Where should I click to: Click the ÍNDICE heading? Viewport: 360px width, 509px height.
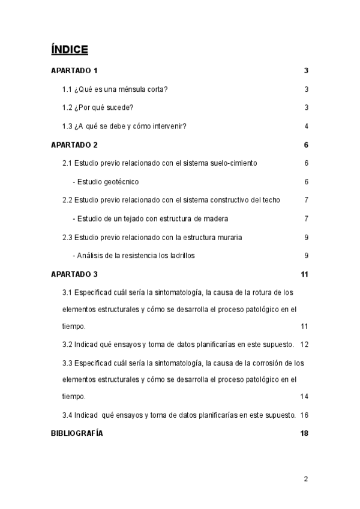pyautogui.click(x=70, y=49)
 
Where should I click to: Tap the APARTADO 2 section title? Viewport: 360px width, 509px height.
pyautogui.click(x=74, y=145)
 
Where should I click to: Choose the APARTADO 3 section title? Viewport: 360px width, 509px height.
pyautogui.click(x=74, y=274)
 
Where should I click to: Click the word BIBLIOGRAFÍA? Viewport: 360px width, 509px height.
pyautogui.click(x=77, y=433)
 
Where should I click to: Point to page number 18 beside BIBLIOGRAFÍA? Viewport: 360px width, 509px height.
pyautogui.click(x=304, y=433)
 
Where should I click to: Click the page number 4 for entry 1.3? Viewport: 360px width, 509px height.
pyautogui.click(x=306, y=127)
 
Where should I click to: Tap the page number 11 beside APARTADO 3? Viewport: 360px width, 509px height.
pyautogui.click(x=304, y=274)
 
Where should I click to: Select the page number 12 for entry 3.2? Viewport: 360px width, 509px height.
pyautogui.click(x=304, y=345)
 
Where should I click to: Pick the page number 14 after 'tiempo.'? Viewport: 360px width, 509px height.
pyautogui.click(x=304, y=397)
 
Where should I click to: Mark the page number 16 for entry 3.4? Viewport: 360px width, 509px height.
pyautogui.click(x=304, y=415)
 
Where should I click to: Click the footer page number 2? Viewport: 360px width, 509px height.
pyautogui.click(x=305, y=479)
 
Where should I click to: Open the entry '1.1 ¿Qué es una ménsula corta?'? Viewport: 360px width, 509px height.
pyautogui.click(x=115, y=90)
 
